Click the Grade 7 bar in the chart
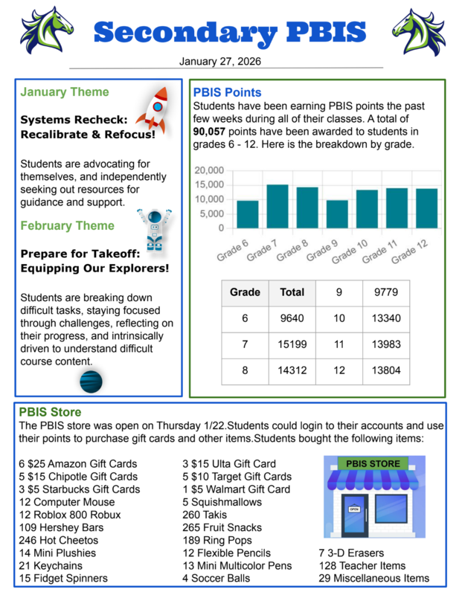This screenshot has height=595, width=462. point(277,206)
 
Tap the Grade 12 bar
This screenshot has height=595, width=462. point(426,208)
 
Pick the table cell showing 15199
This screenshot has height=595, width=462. point(292,344)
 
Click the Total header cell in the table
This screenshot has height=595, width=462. point(292,292)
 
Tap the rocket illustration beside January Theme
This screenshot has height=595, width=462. point(154,109)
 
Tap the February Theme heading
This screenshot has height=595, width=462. point(68,225)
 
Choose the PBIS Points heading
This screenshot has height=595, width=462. point(227,92)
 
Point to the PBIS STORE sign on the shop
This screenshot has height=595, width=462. point(370,463)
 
